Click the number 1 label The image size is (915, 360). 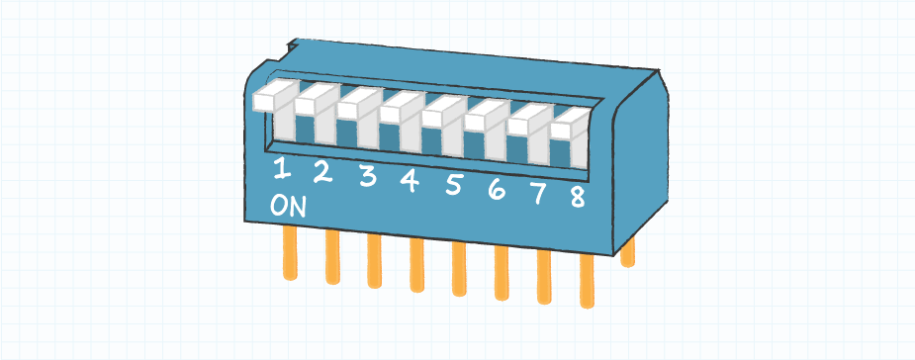pos(282,170)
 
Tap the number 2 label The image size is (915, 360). pos(321,173)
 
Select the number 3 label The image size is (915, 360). pos(367,177)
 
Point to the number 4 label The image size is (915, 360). pos(410,180)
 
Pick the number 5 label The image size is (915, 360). pos(454,184)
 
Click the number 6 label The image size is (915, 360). pos(497,189)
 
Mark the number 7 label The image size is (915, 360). pos(539,193)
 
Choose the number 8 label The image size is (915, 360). pos(578,197)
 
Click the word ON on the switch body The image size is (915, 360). pos(288,207)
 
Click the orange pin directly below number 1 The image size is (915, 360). pos(290,252)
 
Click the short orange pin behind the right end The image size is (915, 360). pos(626,253)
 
